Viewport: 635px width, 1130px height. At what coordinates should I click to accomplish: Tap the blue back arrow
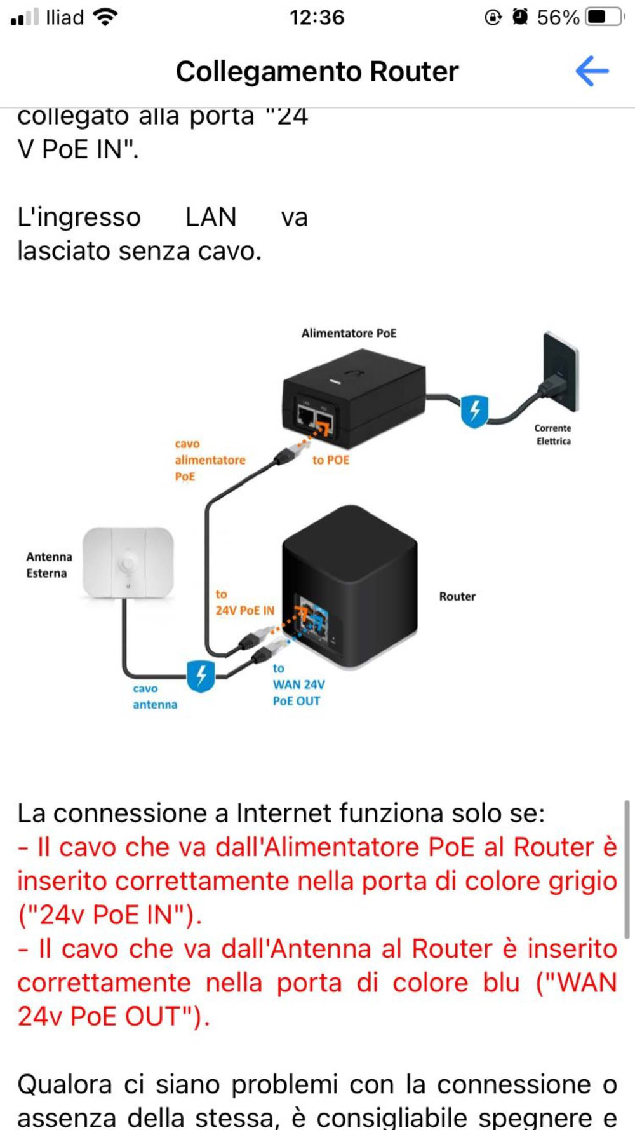[x=592, y=71]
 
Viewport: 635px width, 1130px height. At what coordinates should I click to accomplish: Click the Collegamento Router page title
[x=317, y=71]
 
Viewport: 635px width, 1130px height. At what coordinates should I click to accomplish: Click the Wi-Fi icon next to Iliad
[x=105, y=17]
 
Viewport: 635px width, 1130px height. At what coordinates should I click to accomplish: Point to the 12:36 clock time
[x=317, y=17]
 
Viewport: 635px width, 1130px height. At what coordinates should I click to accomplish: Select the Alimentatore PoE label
[x=349, y=333]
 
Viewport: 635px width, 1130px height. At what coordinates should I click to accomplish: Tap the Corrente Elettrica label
[x=553, y=435]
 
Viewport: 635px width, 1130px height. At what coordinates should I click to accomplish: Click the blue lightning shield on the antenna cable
[x=201, y=676]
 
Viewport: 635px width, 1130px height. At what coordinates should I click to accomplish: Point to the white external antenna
[x=128, y=562]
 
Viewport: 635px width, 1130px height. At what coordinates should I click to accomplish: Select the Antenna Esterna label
[x=49, y=565]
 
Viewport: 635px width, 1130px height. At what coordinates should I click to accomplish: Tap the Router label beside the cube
[x=457, y=596]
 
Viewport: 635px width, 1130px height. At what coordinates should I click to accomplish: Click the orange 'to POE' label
[x=331, y=460]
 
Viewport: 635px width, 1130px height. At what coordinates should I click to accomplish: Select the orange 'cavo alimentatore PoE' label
[x=210, y=460]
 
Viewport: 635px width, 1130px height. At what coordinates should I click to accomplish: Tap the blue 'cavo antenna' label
[x=154, y=697]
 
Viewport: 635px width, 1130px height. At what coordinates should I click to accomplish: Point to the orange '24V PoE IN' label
[x=244, y=610]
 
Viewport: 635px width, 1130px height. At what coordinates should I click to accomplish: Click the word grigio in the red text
[x=582, y=882]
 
